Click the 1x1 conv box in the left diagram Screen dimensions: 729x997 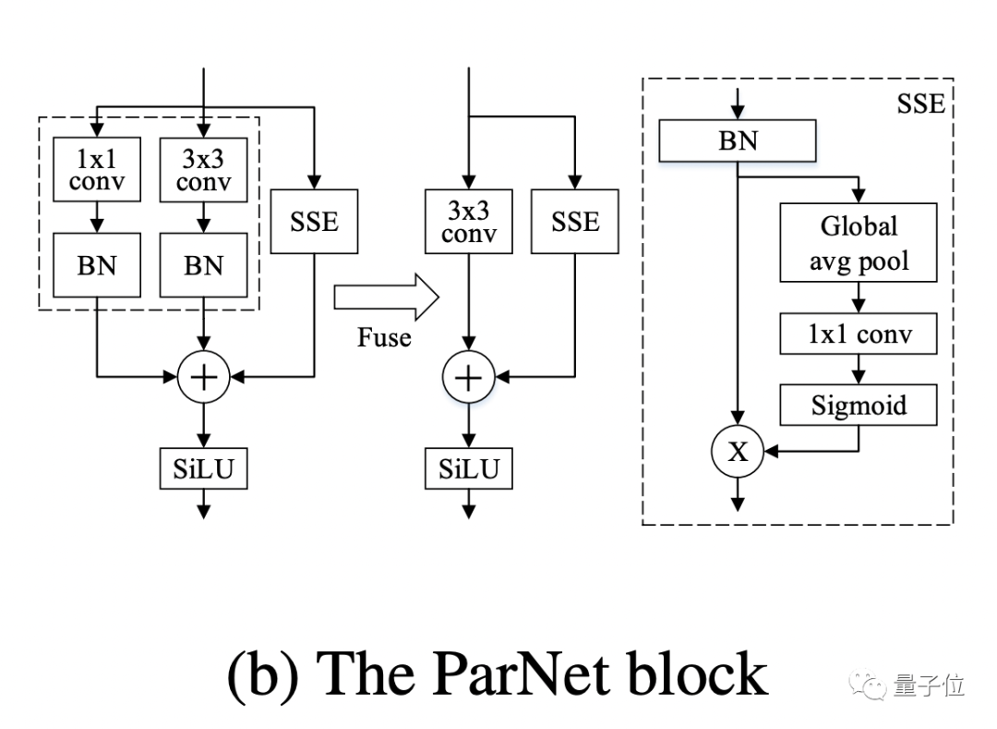97,170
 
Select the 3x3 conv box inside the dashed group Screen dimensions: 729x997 203,170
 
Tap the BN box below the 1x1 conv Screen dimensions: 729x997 97,264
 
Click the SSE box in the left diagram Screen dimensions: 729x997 315,222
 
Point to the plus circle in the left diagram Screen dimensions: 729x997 203,376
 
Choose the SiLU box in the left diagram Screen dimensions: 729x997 203,469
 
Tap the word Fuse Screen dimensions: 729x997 384,337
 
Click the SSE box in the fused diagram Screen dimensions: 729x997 575,222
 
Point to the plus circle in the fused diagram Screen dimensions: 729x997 469,376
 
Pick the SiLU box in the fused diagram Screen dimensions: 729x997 469,469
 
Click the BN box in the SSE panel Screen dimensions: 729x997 737,141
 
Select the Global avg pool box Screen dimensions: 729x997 859,243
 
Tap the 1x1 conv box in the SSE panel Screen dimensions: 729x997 859,334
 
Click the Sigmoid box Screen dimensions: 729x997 859,405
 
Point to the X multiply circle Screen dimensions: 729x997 737,451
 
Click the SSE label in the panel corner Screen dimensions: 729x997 920,103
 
